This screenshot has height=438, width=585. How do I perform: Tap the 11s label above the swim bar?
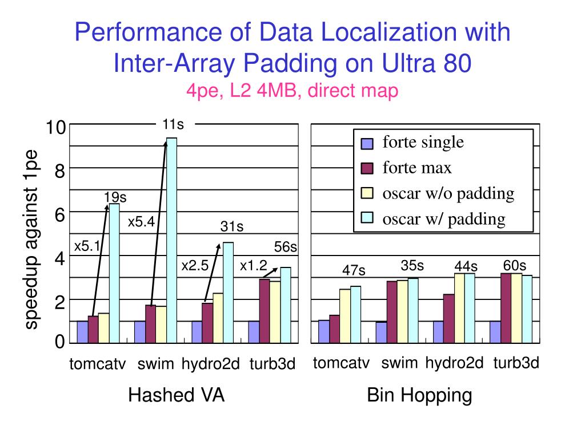(x=173, y=123)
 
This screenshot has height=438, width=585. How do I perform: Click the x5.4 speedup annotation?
(x=141, y=221)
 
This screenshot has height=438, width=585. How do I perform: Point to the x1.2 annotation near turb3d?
(x=254, y=265)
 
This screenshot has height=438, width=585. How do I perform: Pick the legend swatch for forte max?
(x=366, y=168)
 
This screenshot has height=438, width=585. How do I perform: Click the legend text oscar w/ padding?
(x=444, y=218)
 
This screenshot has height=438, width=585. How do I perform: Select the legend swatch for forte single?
(x=366, y=143)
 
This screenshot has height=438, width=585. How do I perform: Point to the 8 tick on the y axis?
(x=59, y=170)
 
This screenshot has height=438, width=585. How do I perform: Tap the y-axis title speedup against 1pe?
(x=31, y=240)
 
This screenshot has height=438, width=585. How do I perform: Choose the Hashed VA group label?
(x=176, y=395)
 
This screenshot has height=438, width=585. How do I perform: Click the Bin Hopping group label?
(x=419, y=395)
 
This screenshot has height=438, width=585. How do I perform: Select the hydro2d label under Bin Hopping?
(x=454, y=363)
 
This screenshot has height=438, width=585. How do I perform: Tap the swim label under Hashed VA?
(x=155, y=364)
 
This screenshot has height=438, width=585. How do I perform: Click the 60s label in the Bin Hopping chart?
(x=515, y=265)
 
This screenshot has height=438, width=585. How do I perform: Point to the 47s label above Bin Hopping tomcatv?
(x=354, y=269)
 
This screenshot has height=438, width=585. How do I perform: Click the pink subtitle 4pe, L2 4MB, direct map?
(x=291, y=91)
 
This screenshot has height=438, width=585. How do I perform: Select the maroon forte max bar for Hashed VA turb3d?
(x=265, y=310)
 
